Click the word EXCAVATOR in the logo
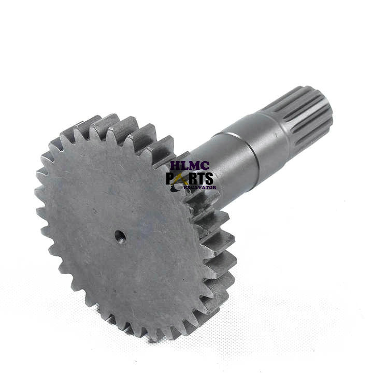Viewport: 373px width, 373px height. (200, 188)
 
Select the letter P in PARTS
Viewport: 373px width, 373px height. (170, 178)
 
